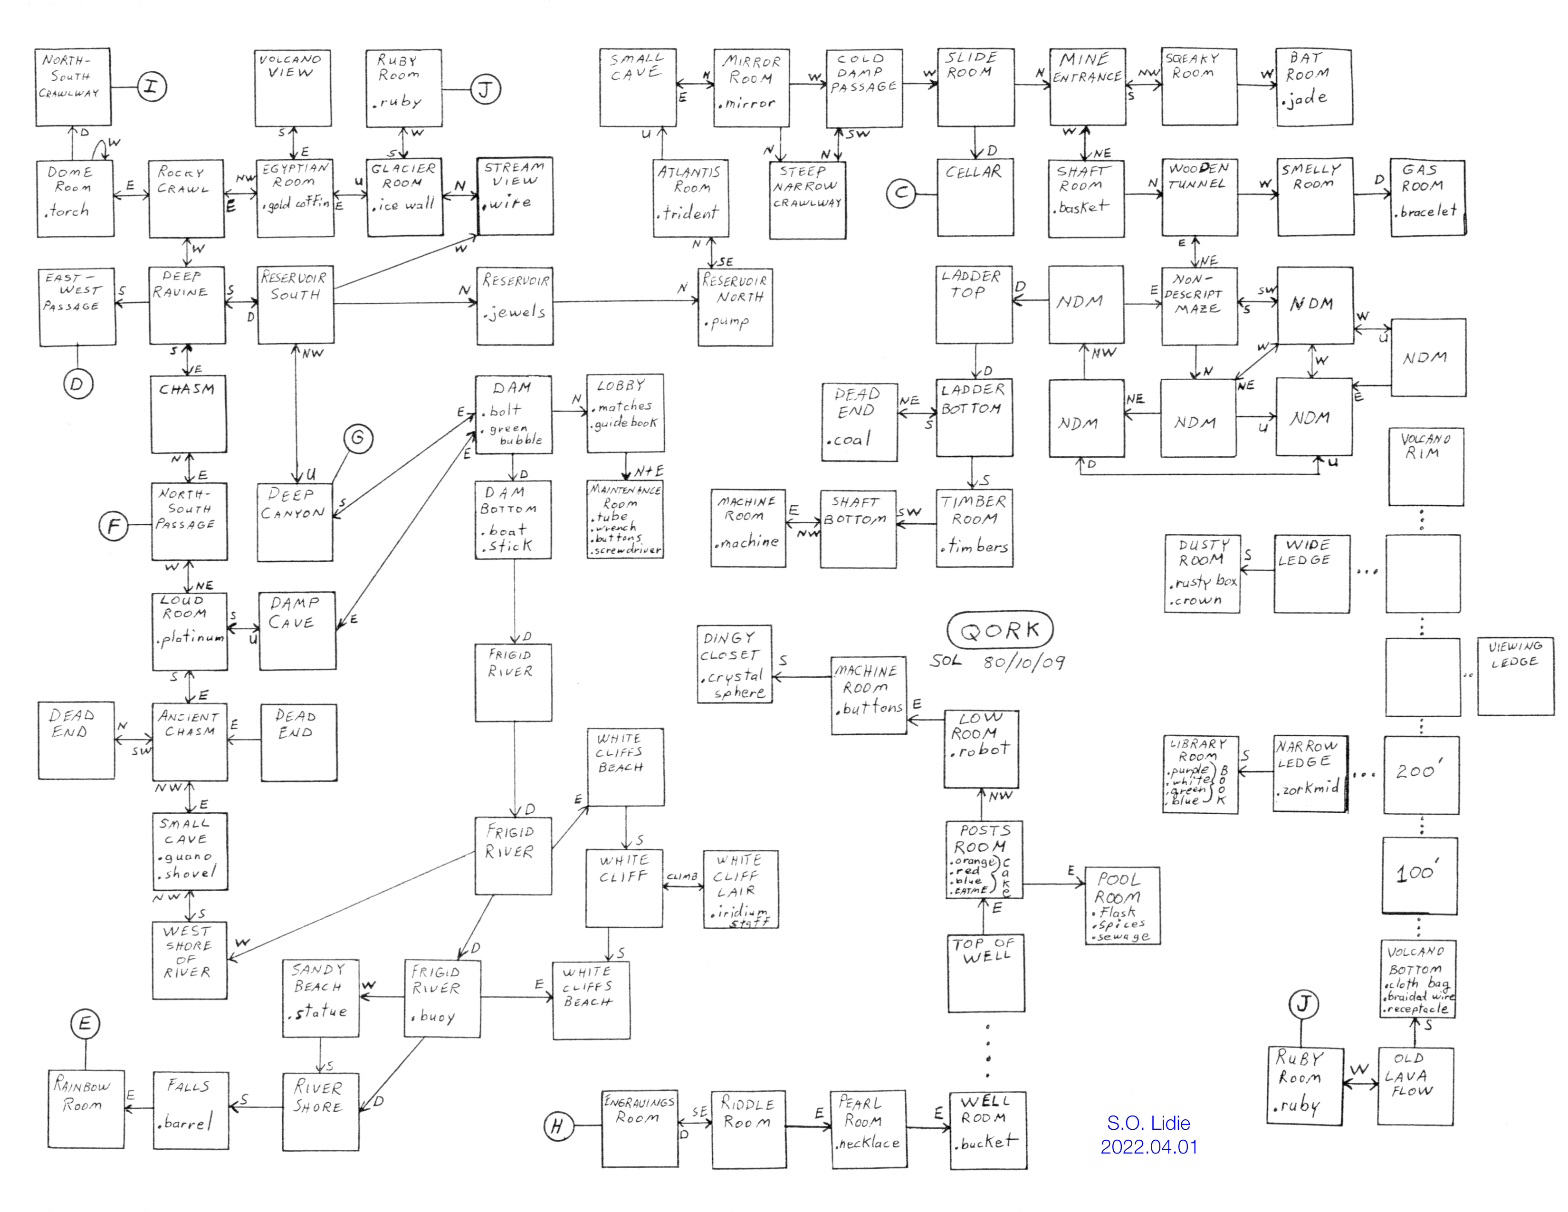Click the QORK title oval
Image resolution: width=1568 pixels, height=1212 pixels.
click(1000, 630)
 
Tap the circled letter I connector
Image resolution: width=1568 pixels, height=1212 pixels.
click(152, 87)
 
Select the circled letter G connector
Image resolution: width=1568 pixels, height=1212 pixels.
click(358, 438)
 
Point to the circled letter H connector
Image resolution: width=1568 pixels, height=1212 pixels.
click(558, 1126)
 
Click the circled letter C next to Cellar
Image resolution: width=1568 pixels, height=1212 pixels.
click(901, 193)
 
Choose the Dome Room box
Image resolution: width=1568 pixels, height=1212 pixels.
click(76, 199)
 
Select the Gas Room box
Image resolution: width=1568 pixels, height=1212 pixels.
click(1427, 198)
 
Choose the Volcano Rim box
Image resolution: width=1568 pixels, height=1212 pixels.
click(1425, 467)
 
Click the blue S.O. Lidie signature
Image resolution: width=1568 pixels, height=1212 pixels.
click(1149, 1135)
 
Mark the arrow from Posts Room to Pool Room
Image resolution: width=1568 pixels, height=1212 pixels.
click(1054, 884)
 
